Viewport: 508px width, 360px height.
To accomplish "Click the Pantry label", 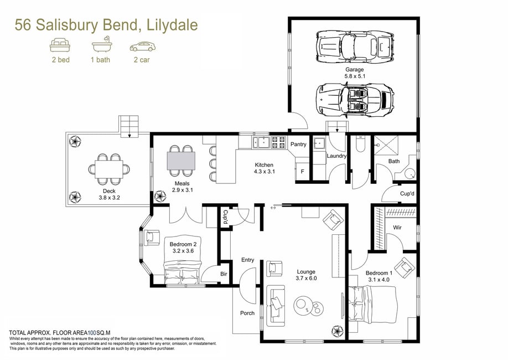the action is click(298, 144).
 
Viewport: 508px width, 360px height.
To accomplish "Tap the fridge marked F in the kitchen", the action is click(302, 171).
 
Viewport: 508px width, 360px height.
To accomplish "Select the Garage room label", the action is click(354, 69).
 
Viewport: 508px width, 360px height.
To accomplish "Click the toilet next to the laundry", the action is click(360, 143).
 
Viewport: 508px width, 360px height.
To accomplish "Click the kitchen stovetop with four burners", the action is click(278, 142).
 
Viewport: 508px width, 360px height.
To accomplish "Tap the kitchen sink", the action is click(261, 142).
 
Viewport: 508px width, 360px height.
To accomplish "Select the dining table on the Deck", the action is click(109, 169).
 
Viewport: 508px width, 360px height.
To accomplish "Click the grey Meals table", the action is click(181, 161).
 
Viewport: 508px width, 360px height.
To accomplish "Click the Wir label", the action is click(397, 227).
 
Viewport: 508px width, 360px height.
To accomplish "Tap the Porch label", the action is click(247, 313).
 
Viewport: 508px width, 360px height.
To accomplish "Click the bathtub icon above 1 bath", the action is click(102, 44).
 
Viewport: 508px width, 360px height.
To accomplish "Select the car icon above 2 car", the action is click(143, 47).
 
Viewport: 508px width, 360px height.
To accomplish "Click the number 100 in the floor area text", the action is click(92, 332).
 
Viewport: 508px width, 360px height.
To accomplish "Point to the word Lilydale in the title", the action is click(172, 25).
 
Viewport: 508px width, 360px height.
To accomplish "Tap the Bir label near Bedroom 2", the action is click(224, 274).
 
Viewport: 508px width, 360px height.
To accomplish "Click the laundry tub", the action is click(319, 143).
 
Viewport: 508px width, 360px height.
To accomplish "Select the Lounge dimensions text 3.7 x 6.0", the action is click(306, 278).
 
